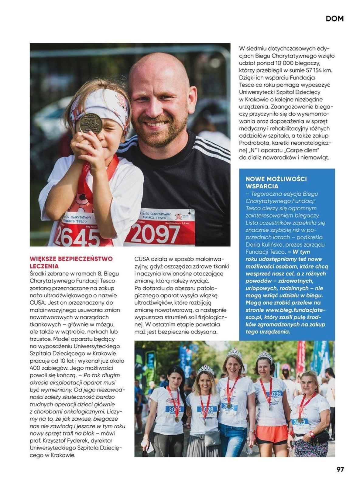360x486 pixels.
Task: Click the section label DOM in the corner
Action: [x=334, y=19]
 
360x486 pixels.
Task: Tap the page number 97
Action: [x=340, y=469]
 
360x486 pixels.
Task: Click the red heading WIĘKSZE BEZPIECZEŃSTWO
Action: [x=71, y=259]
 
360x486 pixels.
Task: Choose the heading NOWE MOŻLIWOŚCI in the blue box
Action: [x=276, y=179]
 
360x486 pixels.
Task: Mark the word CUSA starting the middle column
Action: [x=141, y=259]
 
